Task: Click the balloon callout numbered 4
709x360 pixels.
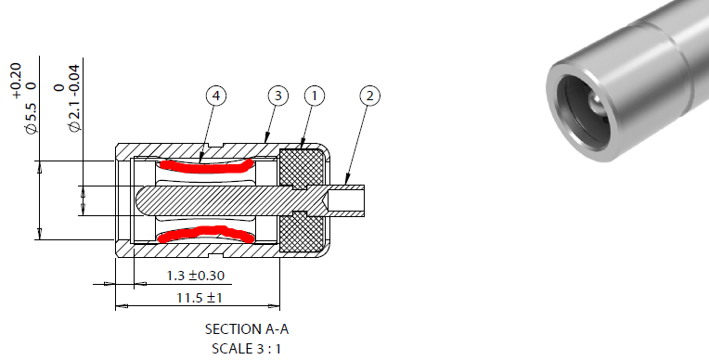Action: pos(216,96)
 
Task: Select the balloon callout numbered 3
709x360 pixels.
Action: pos(278,96)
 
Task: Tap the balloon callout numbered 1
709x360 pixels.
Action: pos(315,96)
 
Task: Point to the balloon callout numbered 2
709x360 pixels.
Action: pos(370,96)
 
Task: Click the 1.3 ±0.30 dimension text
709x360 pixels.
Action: pos(195,276)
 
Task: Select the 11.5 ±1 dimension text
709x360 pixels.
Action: pos(199,298)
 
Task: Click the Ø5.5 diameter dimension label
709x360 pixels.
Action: pos(31,118)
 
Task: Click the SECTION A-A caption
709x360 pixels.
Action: pos(247,328)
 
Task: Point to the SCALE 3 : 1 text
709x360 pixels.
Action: pos(247,349)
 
